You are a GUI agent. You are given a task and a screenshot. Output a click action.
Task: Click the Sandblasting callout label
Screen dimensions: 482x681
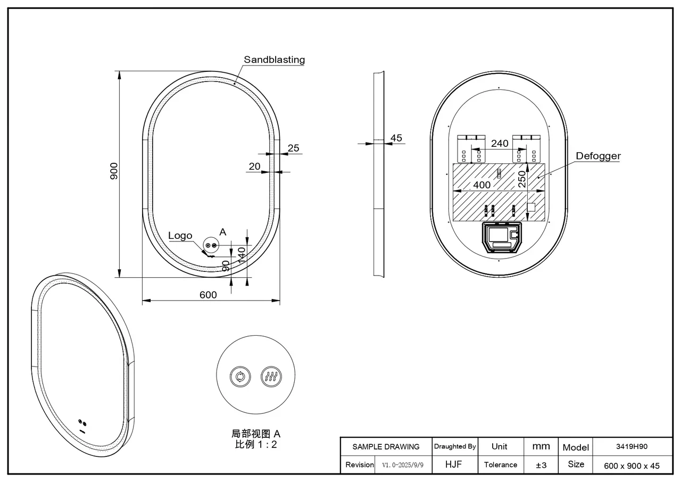click(274, 60)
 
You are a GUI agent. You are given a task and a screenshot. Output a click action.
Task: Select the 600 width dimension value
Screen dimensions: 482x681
click(208, 295)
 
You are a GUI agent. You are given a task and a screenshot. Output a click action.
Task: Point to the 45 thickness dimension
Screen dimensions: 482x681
click(396, 138)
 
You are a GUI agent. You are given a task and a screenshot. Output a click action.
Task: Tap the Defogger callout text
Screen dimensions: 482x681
click(598, 156)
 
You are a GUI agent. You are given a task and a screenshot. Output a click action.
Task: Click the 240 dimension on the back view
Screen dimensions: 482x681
click(500, 143)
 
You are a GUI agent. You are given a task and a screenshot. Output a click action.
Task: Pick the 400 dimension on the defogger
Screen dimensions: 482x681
click(481, 185)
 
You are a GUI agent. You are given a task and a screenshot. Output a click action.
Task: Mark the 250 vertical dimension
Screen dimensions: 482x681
click(522, 179)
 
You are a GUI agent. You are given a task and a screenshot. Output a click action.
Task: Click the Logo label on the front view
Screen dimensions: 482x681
click(180, 236)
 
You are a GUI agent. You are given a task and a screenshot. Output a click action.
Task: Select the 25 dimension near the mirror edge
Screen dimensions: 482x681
click(294, 148)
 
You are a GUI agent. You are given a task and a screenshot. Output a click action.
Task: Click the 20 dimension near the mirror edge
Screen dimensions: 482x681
click(255, 167)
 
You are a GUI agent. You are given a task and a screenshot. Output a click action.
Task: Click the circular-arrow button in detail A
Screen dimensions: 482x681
click(240, 377)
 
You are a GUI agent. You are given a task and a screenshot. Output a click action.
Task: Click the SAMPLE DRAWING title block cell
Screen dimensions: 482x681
click(386, 447)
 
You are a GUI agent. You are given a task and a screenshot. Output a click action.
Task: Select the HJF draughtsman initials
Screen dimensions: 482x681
click(454, 464)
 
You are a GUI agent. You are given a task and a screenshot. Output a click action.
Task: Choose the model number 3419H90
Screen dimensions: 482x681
click(632, 446)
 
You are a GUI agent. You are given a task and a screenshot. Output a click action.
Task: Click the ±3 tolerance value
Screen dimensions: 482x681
click(541, 465)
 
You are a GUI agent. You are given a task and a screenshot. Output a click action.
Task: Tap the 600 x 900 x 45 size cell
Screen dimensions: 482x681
click(632, 466)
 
